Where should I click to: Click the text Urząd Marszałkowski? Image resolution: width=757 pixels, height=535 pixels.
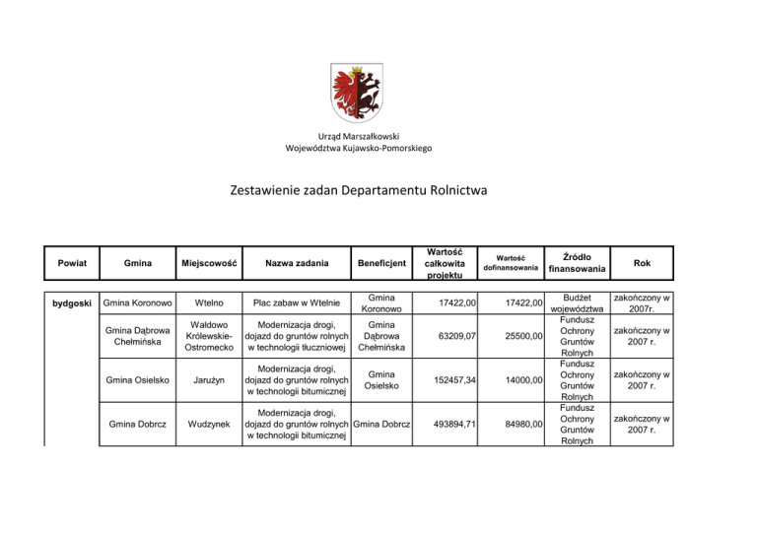(x=359, y=135)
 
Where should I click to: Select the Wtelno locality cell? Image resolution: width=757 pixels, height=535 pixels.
(x=210, y=301)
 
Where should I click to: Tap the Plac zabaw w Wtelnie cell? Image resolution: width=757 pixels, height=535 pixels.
(x=297, y=301)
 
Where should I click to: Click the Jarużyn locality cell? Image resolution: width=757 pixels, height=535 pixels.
(x=210, y=381)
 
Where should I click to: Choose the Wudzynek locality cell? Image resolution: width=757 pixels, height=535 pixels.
(x=210, y=426)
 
